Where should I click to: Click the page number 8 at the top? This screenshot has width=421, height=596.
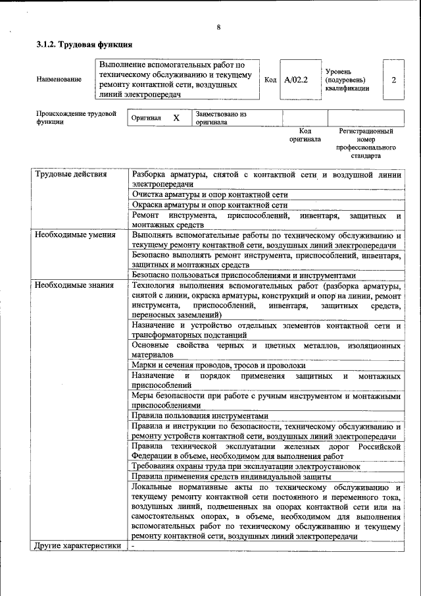pyautogui.click(x=218, y=27)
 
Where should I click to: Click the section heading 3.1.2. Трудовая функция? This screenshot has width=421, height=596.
pyautogui.click(x=84, y=45)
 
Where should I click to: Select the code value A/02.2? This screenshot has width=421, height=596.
pyautogui.click(x=296, y=80)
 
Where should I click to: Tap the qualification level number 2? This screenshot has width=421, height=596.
pyautogui.click(x=393, y=80)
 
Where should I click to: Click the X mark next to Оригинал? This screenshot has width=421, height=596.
pyautogui.click(x=176, y=118)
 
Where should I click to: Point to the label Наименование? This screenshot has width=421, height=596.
pyautogui.click(x=59, y=80)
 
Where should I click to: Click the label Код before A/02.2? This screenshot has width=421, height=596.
pyautogui.click(x=270, y=80)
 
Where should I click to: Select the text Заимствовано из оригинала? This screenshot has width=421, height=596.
pyautogui.click(x=220, y=118)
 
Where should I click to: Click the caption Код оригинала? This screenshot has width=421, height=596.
pyautogui.click(x=305, y=135)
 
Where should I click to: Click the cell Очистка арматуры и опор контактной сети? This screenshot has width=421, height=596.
pyautogui.click(x=210, y=195)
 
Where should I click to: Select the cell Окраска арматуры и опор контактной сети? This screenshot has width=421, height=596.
pyautogui.click(x=210, y=205)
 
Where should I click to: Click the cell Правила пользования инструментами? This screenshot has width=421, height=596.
pyautogui.click(x=200, y=416)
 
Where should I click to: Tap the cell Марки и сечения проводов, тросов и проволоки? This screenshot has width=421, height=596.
pyautogui.click(x=218, y=365)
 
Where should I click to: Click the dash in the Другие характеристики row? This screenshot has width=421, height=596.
pyautogui.click(x=133, y=546)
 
